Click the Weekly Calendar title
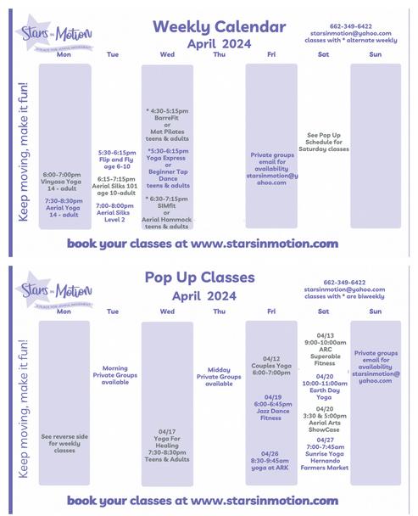pyautogui.click(x=219, y=26)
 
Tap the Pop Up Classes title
pyautogui.click(x=199, y=277)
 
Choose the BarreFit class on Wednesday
pyautogui.click(x=167, y=115)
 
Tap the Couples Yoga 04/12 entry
pyautogui.click(x=271, y=365)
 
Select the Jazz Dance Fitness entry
pyautogui.click(x=271, y=407)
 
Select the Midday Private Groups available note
pyautogui.click(x=219, y=375)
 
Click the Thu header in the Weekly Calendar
pyautogui.click(x=219, y=55)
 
